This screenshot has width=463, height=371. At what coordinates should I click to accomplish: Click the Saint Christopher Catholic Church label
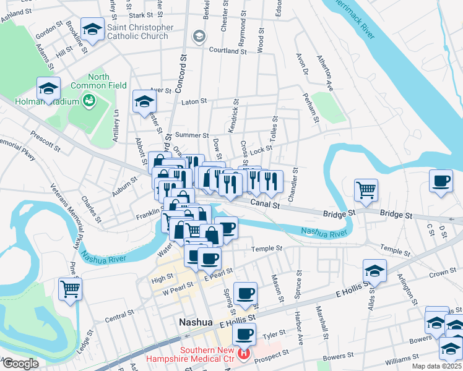[x=140, y=32]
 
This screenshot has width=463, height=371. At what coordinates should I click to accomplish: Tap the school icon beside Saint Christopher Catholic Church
[x=92, y=30]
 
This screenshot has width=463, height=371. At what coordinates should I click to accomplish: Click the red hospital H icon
[x=244, y=354]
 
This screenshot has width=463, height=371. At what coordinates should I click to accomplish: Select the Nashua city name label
[x=196, y=322]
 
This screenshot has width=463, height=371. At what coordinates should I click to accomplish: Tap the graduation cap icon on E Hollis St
[x=374, y=270]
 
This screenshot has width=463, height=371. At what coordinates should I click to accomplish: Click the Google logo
[x=20, y=364]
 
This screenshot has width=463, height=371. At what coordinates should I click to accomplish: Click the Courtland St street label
[x=228, y=51]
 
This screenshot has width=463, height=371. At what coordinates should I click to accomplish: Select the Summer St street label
[x=191, y=135]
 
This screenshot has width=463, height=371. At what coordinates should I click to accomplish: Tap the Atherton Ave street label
[x=324, y=75]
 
